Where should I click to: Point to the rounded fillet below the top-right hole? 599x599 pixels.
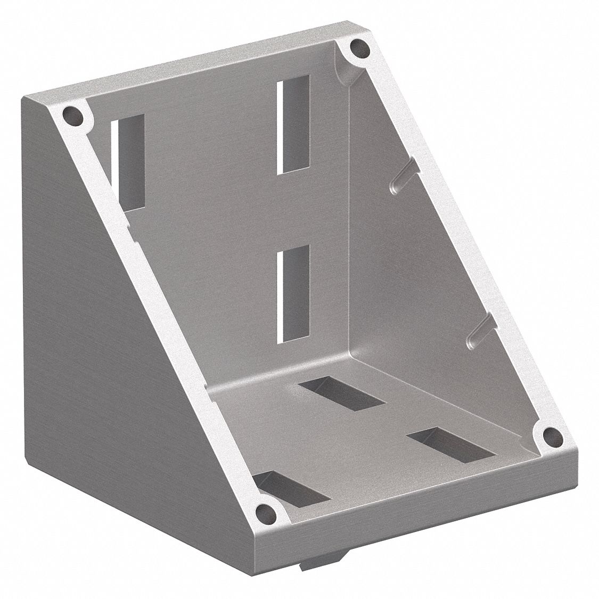coord(349,75)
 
